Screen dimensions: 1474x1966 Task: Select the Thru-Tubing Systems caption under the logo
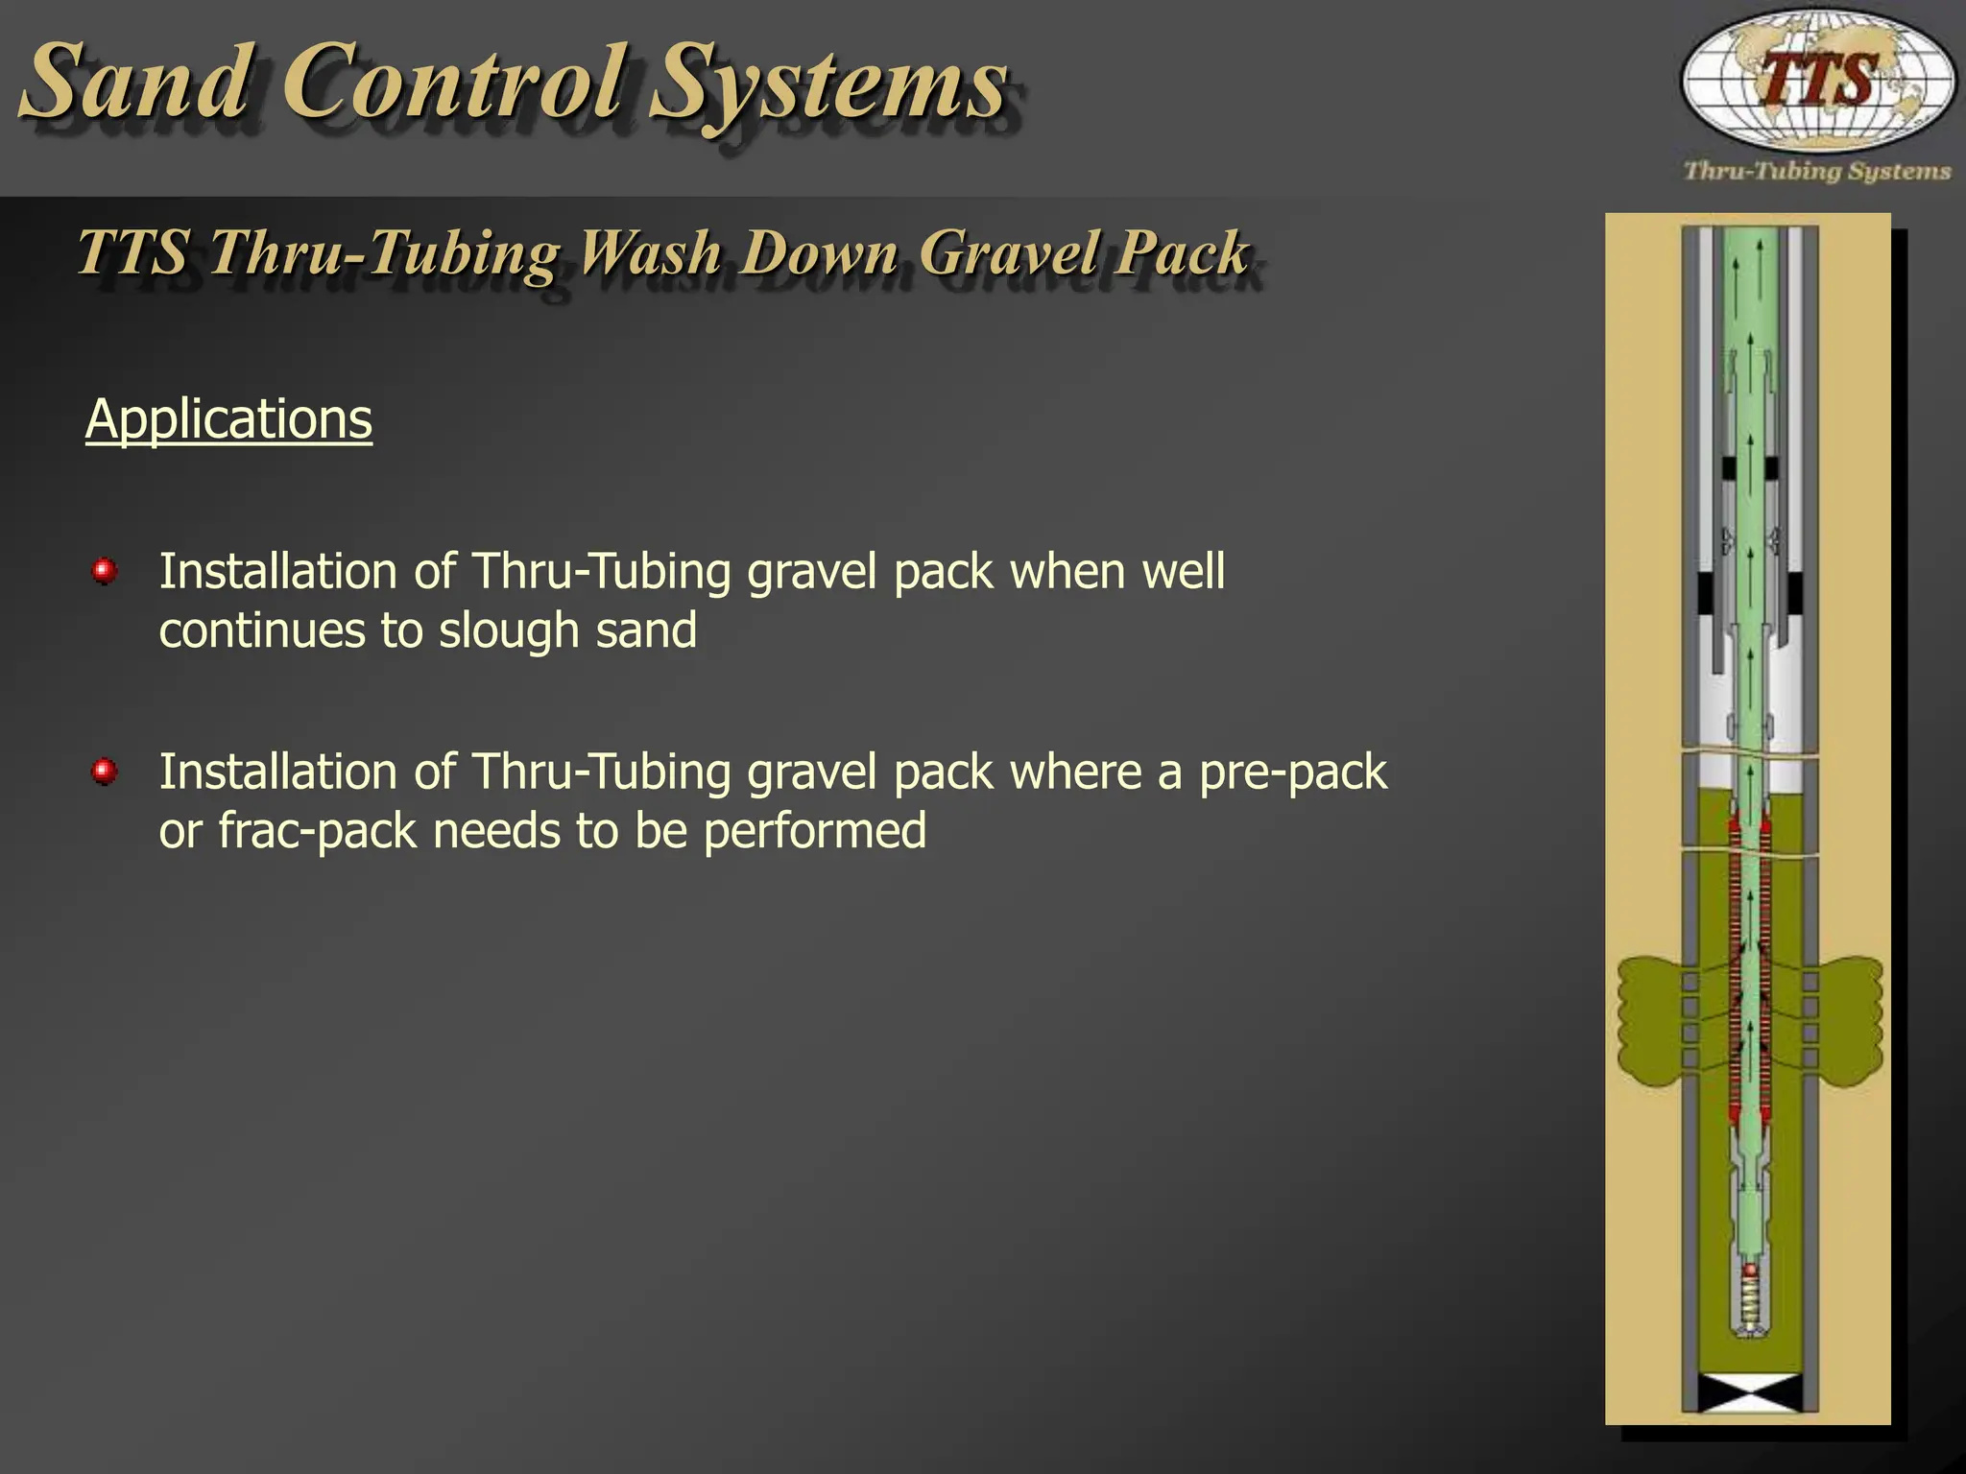pos(1817,172)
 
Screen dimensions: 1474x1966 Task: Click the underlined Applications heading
pos(228,420)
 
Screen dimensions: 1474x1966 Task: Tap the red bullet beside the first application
pos(104,573)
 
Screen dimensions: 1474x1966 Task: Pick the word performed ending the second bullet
pos(815,831)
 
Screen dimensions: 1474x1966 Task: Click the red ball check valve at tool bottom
pos(1750,1270)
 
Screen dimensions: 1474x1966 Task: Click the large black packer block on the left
pos(1708,594)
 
